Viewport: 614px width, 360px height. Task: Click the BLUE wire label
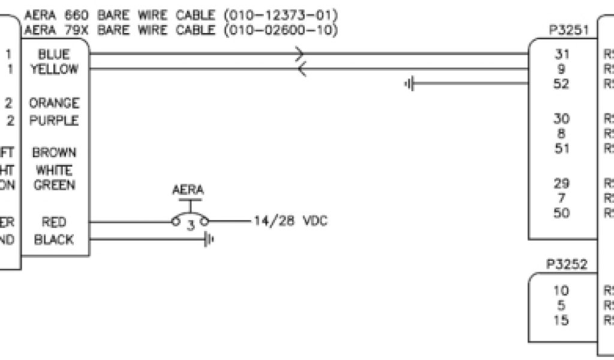click(x=54, y=55)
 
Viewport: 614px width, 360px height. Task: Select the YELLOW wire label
click(x=54, y=69)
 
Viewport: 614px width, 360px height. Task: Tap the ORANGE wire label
click(x=54, y=103)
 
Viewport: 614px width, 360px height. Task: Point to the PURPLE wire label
click(x=54, y=121)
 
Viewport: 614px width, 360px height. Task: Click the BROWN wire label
click(x=54, y=153)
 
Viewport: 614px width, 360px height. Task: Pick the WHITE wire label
click(x=54, y=171)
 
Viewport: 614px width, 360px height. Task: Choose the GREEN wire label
click(x=54, y=185)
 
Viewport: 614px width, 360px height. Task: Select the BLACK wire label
click(x=54, y=240)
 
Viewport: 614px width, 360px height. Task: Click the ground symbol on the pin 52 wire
click(x=410, y=83)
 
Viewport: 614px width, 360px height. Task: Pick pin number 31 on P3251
click(x=562, y=55)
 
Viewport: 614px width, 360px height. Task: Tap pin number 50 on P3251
click(x=562, y=213)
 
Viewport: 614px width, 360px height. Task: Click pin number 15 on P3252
click(x=562, y=320)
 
